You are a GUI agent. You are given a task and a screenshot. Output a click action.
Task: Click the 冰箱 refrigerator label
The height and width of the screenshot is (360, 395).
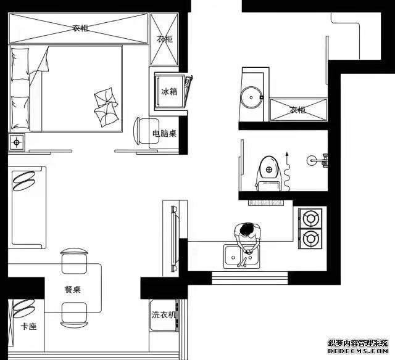pos(169,91)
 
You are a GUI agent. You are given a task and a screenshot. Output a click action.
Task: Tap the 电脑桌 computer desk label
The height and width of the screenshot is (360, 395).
pos(164,133)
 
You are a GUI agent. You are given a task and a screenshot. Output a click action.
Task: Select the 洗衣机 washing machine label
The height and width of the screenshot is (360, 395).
pos(164,315)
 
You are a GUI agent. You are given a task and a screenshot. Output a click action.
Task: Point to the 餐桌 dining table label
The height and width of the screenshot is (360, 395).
pos(73,289)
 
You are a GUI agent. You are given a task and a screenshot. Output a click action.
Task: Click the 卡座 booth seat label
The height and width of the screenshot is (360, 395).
pos(28,327)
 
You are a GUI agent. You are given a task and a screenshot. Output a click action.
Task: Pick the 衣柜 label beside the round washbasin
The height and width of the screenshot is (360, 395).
pos(297,110)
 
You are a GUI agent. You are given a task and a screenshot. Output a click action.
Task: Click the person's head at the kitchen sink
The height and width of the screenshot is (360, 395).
pos(247,230)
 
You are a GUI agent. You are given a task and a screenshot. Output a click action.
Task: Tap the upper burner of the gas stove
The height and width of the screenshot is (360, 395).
pos(310,218)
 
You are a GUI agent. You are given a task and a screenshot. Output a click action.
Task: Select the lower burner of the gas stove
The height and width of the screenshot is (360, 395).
pos(310,238)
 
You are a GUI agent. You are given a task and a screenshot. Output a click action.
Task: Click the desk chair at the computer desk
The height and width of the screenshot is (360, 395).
pos(147,131)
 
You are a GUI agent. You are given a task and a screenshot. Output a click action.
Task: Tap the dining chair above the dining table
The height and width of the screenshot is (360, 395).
pos(74,261)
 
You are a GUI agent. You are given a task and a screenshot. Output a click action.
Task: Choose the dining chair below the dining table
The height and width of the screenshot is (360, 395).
pos(74,315)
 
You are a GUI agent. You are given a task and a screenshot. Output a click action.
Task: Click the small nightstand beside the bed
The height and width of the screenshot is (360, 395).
pos(17,142)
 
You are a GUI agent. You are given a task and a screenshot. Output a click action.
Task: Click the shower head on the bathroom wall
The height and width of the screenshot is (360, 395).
pos(317,160)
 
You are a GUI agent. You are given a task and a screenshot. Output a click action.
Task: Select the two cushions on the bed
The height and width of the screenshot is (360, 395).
pos(106,107)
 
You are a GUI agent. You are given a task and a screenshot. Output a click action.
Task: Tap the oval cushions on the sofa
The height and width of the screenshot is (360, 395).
pos(24,181)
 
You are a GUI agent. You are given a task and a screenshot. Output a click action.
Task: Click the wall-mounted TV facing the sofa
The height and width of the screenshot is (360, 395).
pos(174,238)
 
